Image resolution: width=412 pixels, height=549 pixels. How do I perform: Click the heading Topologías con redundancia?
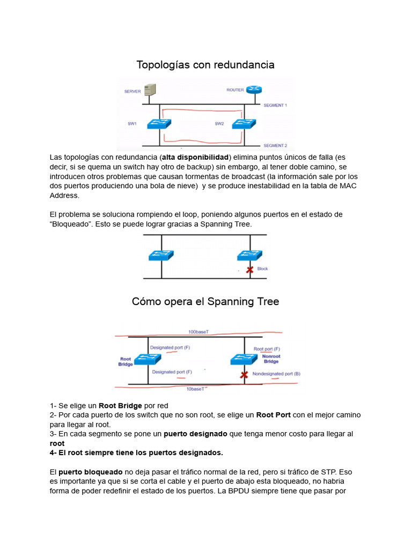[x=205, y=65]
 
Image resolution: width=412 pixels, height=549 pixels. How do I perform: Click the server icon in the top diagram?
[x=151, y=90]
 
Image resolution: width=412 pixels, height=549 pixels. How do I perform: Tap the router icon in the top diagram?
[x=253, y=89]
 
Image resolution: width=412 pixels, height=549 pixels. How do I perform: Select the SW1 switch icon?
[x=159, y=123]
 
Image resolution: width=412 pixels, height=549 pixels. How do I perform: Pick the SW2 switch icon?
[x=244, y=123]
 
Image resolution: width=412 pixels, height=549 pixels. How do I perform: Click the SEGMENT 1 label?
[x=275, y=106]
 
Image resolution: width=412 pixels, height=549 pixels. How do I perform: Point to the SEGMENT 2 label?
[x=275, y=145]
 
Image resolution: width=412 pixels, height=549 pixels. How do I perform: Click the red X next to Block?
[x=249, y=270]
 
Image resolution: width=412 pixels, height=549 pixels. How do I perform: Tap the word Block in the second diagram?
[x=262, y=269]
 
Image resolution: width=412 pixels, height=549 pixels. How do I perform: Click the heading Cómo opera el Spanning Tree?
[x=205, y=302]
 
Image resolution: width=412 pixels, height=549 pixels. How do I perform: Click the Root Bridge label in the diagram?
[x=126, y=361]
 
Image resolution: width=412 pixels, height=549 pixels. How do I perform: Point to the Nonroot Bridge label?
[x=271, y=359]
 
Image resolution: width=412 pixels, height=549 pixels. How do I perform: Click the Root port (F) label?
[x=267, y=348]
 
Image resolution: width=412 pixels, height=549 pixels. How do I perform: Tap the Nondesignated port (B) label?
[x=276, y=373]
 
